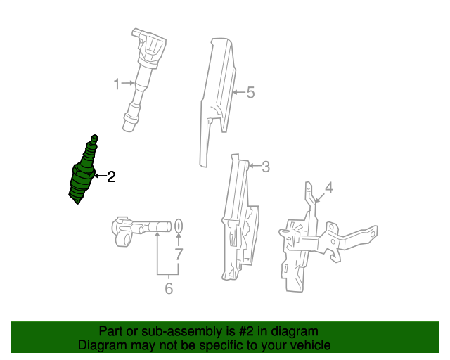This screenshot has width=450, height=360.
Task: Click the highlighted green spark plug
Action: (83, 171)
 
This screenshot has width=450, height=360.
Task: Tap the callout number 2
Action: (111, 176)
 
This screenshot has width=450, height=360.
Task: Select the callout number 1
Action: (116, 84)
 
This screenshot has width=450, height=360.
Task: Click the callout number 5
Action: (250, 92)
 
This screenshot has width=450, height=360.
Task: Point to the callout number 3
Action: (266, 167)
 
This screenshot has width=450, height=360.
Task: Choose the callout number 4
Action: (329, 188)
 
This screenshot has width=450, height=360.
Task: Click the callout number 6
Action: (169, 288)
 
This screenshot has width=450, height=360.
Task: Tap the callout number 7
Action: (179, 254)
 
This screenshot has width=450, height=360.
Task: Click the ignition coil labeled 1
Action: (143, 79)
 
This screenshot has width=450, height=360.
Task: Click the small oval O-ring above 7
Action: (179, 226)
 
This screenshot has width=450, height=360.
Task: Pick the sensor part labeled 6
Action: (141, 231)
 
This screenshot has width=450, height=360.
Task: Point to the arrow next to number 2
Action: (101, 176)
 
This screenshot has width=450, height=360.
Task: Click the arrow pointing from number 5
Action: (239, 92)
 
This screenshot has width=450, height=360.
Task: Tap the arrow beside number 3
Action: (255, 166)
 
